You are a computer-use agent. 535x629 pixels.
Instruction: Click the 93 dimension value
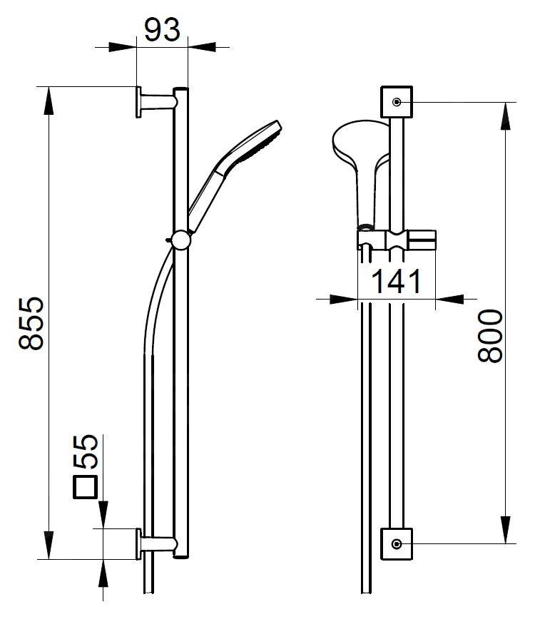[162, 30]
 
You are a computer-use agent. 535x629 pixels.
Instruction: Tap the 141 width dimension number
[395, 282]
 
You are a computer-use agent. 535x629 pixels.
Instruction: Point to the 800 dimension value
[490, 336]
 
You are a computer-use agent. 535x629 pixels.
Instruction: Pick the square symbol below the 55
[86, 486]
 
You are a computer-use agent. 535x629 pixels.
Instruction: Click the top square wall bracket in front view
[396, 102]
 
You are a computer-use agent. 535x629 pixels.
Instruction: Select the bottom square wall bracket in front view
[396, 544]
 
